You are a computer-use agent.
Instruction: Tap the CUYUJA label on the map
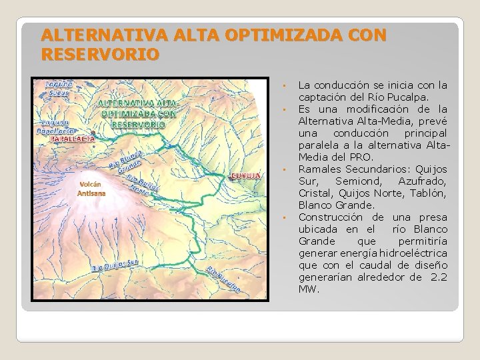tap(244, 176)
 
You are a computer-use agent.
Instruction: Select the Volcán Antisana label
tap(92, 188)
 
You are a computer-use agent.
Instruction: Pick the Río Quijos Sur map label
tap(116, 266)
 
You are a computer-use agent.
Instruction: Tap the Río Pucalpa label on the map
tap(223, 279)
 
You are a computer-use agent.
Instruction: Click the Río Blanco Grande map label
tap(127, 160)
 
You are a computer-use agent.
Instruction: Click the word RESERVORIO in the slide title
tap(100, 53)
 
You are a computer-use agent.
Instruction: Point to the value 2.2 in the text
tap(438, 277)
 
